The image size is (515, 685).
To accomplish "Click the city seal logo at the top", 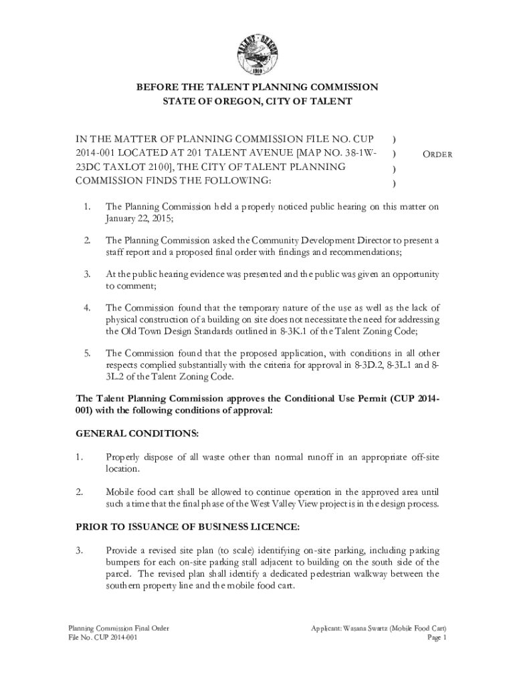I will pyautogui.click(x=257, y=44).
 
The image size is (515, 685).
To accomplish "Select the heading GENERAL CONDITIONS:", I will pyautogui.click(x=136, y=434).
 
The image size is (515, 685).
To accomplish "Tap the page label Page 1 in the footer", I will pyautogui.click(x=436, y=638).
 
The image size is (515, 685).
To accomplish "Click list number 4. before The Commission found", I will pyautogui.click(x=86, y=308).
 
